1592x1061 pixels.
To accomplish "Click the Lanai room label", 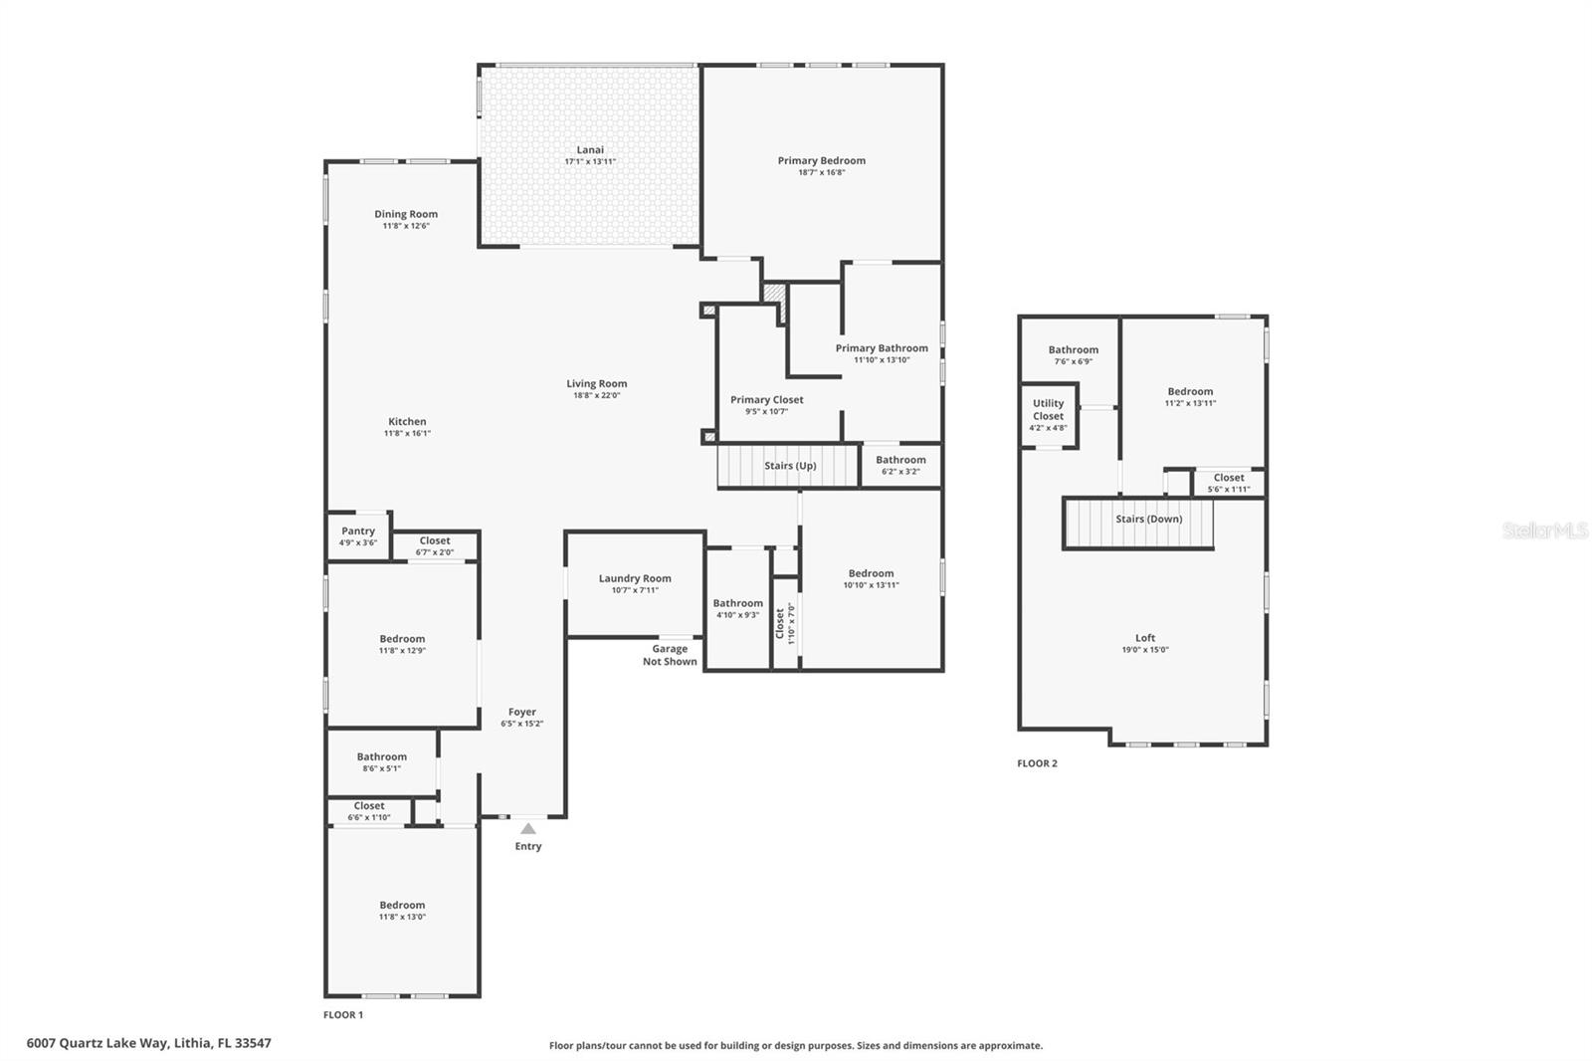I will [x=590, y=149].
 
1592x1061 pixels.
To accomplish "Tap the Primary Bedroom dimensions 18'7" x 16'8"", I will [x=821, y=172].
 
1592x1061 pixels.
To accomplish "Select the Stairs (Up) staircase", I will [x=788, y=466].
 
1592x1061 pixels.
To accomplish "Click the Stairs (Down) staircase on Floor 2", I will [x=1138, y=522].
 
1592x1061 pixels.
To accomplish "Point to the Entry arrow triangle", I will [x=528, y=828].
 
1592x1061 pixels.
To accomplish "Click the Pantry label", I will [x=358, y=530].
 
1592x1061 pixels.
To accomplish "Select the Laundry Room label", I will [x=635, y=578].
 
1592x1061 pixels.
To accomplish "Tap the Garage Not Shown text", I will [x=670, y=655].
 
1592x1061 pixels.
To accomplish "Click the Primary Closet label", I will [x=766, y=399].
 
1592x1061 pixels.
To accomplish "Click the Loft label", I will [x=1145, y=638].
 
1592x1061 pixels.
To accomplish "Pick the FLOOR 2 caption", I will [x=1037, y=763].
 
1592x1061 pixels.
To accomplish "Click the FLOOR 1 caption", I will [x=343, y=1014].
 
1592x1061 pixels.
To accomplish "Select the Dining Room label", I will [x=406, y=214].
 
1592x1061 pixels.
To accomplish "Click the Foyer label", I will [x=522, y=712].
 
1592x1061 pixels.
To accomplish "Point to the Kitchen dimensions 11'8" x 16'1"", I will [x=407, y=433].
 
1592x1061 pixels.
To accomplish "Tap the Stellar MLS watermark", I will [x=1544, y=530].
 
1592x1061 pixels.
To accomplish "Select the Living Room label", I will [x=597, y=383].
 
